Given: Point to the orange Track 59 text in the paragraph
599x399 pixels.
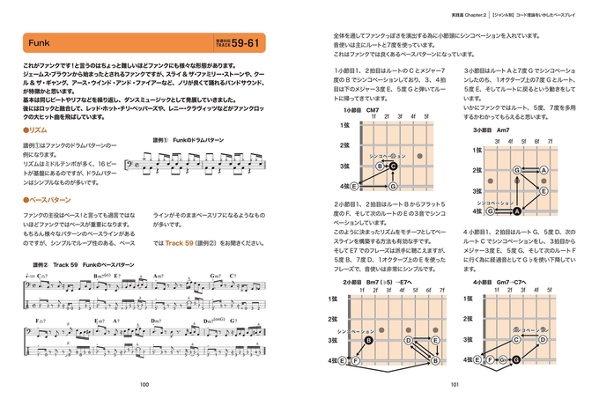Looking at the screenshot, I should coord(183,243).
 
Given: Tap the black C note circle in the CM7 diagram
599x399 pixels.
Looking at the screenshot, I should coord(394,166).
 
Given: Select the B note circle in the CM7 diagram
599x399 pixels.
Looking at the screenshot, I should coord(380,166).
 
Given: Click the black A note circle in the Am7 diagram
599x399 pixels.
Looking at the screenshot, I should coord(517,211).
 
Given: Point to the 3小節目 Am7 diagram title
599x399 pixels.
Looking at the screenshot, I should coord(491,130).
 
